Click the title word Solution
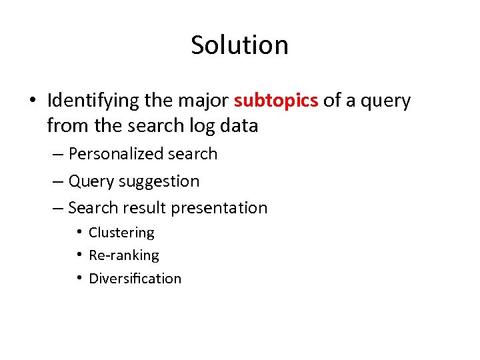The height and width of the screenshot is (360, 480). click(x=239, y=45)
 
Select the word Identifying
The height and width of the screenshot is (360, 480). click(x=93, y=101)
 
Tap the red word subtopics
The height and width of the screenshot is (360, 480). click(x=276, y=101)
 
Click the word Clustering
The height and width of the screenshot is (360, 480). click(x=121, y=233)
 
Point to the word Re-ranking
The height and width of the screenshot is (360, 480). click(x=124, y=255)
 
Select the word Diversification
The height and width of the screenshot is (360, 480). click(x=135, y=279)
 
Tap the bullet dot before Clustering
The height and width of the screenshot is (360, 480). click(x=79, y=232)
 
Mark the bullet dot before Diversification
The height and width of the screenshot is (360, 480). click(x=79, y=278)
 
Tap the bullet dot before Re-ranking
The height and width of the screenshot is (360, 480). click(x=79, y=255)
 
